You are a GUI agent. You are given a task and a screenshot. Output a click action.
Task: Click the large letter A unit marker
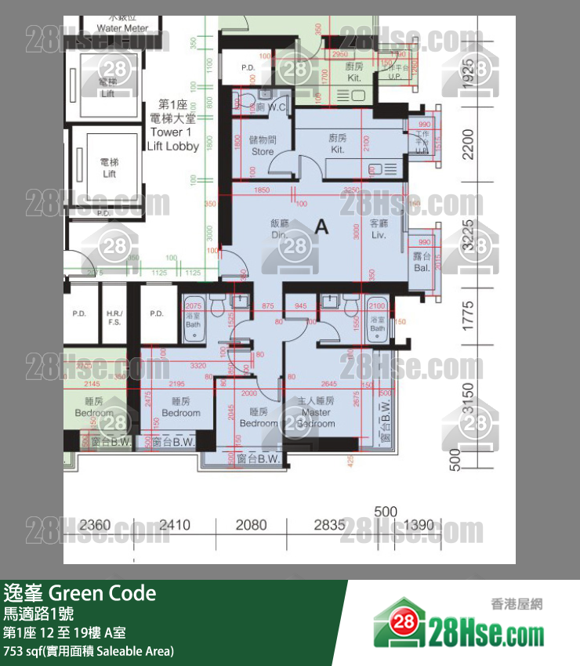[x=321, y=227]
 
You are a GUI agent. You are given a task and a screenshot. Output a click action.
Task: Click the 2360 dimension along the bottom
[x=96, y=525]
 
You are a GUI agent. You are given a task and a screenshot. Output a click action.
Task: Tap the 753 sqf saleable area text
[x=89, y=651]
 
